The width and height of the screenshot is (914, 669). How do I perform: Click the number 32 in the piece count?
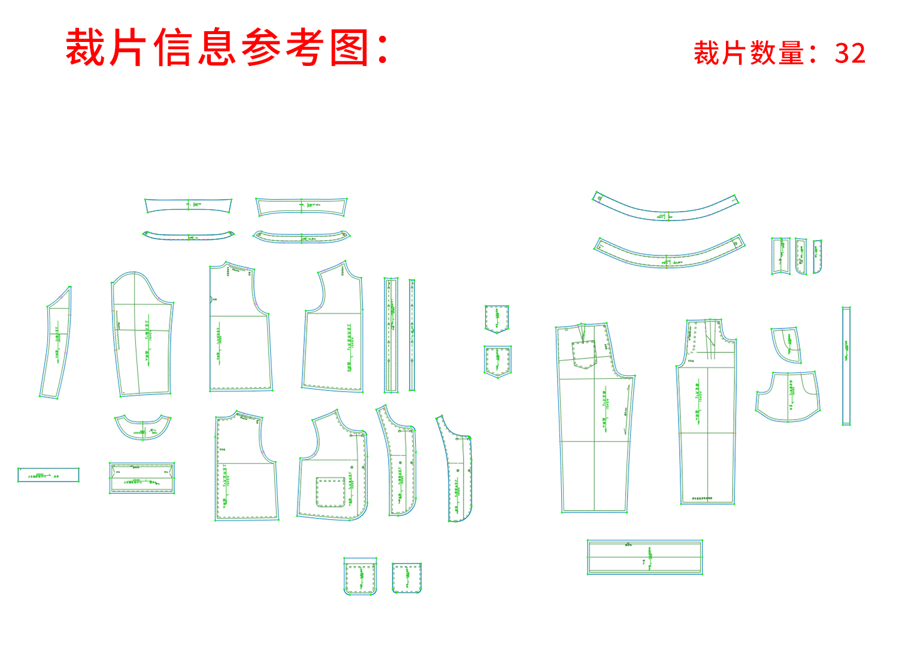coord(850,53)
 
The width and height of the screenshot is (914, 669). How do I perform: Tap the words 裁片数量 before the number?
coord(749,53)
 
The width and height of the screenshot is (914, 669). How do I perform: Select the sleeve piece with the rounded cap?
coord(142,336)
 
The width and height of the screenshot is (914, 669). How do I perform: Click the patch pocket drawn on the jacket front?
coord(330,492)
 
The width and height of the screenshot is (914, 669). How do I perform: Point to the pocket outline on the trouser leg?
coord(585,354)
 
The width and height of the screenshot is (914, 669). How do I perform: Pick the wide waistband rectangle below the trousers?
coord(644,557)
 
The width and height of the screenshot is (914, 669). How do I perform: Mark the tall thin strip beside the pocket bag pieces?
coord(846,366)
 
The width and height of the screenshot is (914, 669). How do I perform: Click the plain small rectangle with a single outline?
coord(49,475)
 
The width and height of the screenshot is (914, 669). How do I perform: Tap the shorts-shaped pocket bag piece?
coord(788,396)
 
